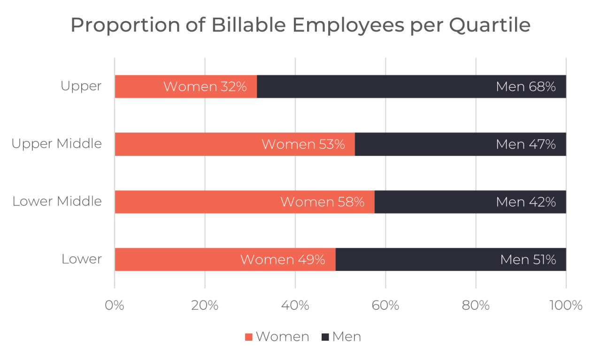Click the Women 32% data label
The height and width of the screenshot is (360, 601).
pos(205,87)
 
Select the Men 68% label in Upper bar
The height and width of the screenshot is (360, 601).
pos(526,87)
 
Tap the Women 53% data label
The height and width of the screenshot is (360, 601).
pos(303,145)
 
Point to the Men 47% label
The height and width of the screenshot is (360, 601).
pos(526,145)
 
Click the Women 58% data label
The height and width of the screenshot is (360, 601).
pos(322,202)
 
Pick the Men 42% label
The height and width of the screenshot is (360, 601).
pos(526,202)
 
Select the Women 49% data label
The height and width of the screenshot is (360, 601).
pos(283,260)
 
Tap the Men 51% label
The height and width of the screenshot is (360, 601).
pos(528,260)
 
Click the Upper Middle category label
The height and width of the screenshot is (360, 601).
pos(57,144)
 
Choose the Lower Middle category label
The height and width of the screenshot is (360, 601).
pos(57,201)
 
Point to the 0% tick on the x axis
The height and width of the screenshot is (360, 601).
pos(115,306)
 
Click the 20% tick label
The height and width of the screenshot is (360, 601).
pos(205,306)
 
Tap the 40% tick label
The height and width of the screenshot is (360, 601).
pos(295,306)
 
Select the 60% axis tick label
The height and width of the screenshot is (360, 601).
pos(385,306)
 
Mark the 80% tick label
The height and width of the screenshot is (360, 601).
pos(476,306)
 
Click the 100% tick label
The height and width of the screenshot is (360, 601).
pos(566,306)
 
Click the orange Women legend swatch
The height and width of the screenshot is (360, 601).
pos(249,337)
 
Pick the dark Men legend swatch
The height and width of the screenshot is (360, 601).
pos(325,337)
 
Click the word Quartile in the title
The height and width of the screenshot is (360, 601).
pos(489,25)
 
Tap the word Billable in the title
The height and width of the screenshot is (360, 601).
pos(249,25)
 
